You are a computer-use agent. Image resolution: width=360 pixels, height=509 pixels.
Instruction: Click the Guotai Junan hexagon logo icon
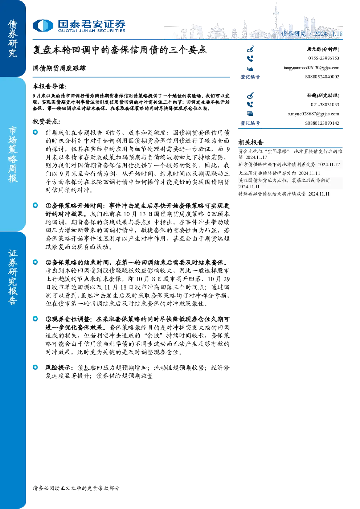[x=43, y=25]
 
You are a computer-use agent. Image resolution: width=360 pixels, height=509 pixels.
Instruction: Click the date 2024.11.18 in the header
[x=328, y=34]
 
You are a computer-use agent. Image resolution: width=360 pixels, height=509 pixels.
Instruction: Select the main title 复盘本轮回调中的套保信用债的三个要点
[x=119, y=50]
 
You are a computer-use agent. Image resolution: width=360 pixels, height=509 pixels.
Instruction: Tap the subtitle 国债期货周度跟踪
[x=59, y=68]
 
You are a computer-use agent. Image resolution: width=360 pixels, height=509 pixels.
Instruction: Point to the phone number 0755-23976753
[x=323, y=58]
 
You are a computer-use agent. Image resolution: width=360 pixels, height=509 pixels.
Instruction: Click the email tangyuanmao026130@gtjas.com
[x=311, y=68]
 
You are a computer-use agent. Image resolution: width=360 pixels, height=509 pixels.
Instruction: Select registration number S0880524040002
[x=322, y=77]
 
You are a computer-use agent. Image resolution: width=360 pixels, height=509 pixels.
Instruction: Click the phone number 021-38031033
[x=325, y=105]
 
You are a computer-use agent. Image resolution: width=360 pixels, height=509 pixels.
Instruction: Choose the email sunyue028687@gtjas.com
[x=313, y=114]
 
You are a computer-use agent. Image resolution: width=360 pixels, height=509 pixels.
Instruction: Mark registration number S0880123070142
[x=322, y=123]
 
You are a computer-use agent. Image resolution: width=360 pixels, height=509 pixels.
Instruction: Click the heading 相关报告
[x=251, y=143]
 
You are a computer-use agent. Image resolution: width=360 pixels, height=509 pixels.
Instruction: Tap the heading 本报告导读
[x=50, y=86]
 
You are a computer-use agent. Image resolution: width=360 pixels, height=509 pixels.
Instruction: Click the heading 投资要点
[x=46, y=121]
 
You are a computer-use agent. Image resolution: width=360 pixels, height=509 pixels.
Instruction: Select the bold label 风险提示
[x=59, y=368]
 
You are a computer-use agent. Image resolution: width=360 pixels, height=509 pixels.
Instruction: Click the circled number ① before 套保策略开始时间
[x=48, y=206]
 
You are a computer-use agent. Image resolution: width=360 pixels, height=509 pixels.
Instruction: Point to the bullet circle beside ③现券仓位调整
[x=36, y=319]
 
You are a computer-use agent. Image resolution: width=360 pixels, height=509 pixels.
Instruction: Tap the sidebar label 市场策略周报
[x=12, y=155]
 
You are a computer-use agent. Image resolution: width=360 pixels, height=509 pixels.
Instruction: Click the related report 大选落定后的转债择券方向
[x=267, y=173]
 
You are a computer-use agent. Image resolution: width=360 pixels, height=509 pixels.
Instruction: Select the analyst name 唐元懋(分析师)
[x=323, y=49]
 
